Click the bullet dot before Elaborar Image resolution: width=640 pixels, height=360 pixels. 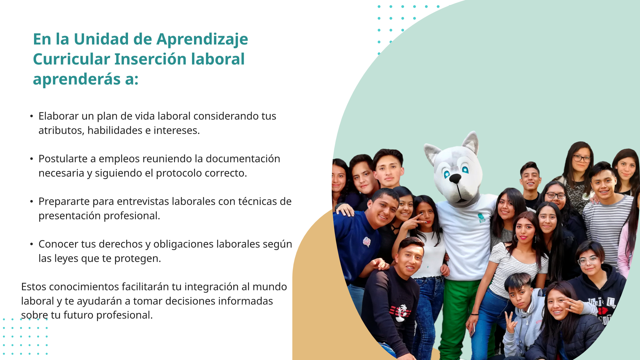click(31, 116)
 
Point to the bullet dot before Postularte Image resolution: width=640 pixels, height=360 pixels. click(31, 159)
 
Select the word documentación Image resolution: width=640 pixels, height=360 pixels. click(243, 159)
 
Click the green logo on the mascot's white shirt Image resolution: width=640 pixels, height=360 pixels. click(481, 218)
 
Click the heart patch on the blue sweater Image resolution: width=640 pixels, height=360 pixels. click(367, 241)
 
